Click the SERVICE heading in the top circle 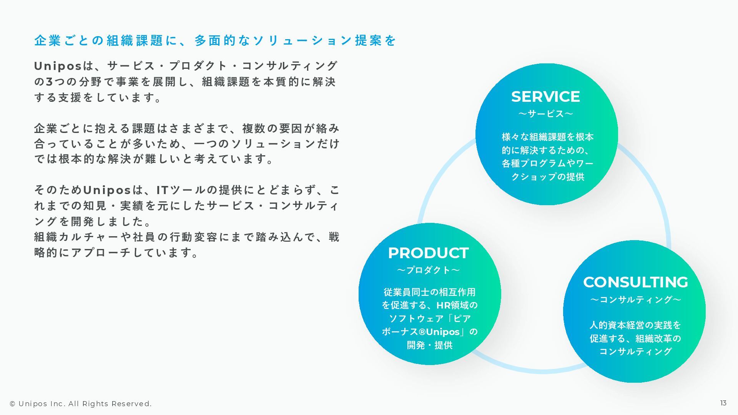(x=545, y=97)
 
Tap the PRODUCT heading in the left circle (x=428, y=253)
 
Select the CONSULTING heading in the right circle (x=635, y=282)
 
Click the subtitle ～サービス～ (x=545, y=114)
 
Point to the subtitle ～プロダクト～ (x=428, y=270)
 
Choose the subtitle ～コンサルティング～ (x=635, y=300)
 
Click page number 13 (x=723, y=403)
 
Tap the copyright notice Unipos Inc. (x=81, y=404)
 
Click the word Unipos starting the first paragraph (x=58, y=66)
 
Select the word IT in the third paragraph (x=163, y=190)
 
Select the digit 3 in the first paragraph (x=50, y=82)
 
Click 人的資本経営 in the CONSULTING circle (x=612, y=325)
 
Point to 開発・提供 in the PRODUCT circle (x=430, y=345)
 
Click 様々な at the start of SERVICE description (x=515, y=137)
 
